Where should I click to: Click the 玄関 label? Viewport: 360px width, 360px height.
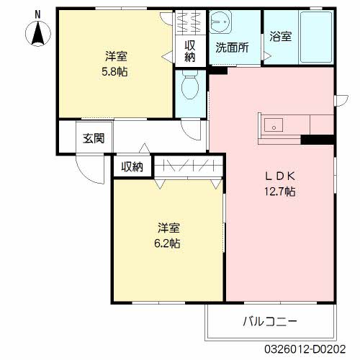93,138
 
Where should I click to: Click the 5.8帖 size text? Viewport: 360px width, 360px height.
116,71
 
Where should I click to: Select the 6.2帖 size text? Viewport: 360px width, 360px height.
169,243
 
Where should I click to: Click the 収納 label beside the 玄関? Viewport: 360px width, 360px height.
132,167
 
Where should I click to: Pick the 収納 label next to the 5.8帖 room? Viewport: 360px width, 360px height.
190,50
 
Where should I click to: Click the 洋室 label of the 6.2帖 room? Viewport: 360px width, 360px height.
169,228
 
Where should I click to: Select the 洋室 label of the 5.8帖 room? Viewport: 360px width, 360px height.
116,56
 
